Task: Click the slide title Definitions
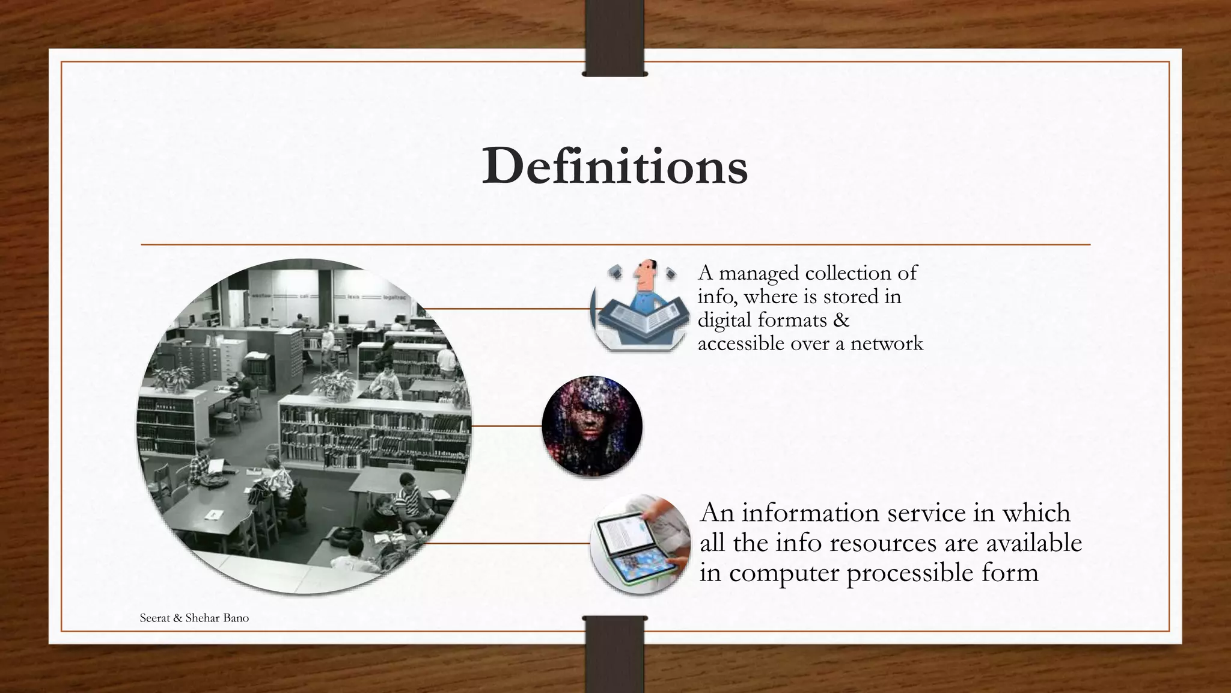(615, 167)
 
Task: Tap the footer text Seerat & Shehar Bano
(194, 618)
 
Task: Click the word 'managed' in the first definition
(759, 273)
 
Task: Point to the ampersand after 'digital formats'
(842, 320)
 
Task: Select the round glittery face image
(592, 427)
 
